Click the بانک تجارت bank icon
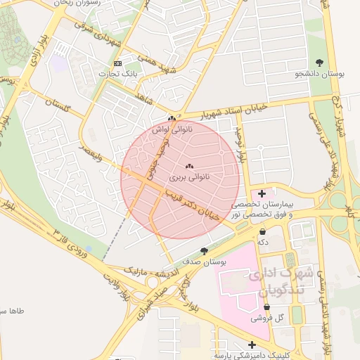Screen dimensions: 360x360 pos(117,63)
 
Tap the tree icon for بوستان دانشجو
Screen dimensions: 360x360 pos(320,63)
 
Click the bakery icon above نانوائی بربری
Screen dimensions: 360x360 pos(188,166)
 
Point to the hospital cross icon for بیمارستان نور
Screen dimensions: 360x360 pos(262,193)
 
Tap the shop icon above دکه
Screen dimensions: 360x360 pos(263,231)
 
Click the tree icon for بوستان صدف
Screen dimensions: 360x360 pos(204,251)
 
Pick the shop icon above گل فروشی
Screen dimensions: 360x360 pos(266,307)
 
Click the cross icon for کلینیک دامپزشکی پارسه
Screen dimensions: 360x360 pos(252,345)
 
